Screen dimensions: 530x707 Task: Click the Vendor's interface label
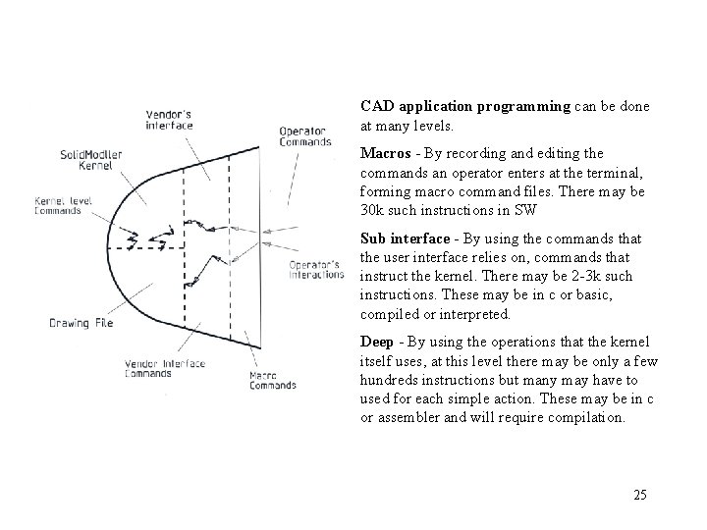point(168,119)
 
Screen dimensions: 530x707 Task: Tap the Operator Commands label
point(303,136)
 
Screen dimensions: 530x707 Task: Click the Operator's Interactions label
point(314,268)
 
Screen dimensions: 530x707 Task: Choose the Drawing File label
point(82,323)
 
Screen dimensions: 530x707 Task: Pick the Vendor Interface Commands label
point(165,368)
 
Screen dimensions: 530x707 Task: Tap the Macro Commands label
point(272,380)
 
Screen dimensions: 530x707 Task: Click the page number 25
point(640,495)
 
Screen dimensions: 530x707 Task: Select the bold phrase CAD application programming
point(465,105)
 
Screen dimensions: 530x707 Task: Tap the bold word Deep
point(378,341)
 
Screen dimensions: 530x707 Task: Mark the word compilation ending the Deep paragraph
point(587,417)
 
